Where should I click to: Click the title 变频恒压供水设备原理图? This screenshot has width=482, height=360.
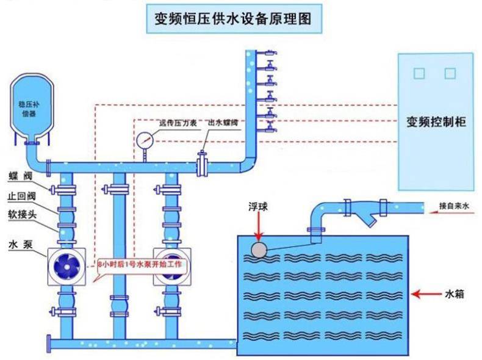(x=233, y=18)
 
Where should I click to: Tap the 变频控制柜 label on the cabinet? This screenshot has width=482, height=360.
(x=436, y=122)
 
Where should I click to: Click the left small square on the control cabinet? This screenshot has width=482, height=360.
(x=419, y=73)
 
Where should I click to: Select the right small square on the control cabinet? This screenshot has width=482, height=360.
(x=450, y=73)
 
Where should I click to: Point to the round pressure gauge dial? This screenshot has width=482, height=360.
(x=145, y=140)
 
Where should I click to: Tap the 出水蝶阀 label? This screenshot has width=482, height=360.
(x=223, y=123)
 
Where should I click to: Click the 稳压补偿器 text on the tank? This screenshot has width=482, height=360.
(x=29, y=109)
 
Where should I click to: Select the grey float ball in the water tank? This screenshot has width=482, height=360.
(x=259, y=250)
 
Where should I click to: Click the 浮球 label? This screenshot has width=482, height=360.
(x=258, y=207)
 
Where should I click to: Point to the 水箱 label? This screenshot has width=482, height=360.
(x=455, y=294)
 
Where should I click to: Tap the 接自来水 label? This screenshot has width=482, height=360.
(x=454, y=206)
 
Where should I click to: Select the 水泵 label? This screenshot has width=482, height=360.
(x=21, y=245)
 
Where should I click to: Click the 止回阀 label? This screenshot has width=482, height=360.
(x=21, y=196)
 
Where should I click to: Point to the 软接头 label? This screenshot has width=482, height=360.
(x=22, y=214)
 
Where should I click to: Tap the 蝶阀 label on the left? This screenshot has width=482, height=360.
(x=20, y=176)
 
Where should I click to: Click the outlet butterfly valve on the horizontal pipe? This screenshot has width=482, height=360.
(x=202, y=165)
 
